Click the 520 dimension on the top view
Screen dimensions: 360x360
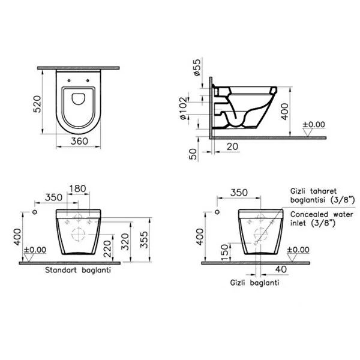coord(37,104)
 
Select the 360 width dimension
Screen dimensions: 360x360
coord(79,141)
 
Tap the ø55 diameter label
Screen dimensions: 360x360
coord(197,67)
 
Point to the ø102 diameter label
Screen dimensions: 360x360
coord(183,108)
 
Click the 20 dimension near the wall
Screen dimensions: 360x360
coord(232,146)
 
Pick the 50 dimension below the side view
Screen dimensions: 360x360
coord(193,154)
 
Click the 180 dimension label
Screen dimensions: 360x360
coord(77,188)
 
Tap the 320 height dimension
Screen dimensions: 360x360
coord(125,242)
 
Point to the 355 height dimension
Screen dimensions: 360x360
coord(144,239)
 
